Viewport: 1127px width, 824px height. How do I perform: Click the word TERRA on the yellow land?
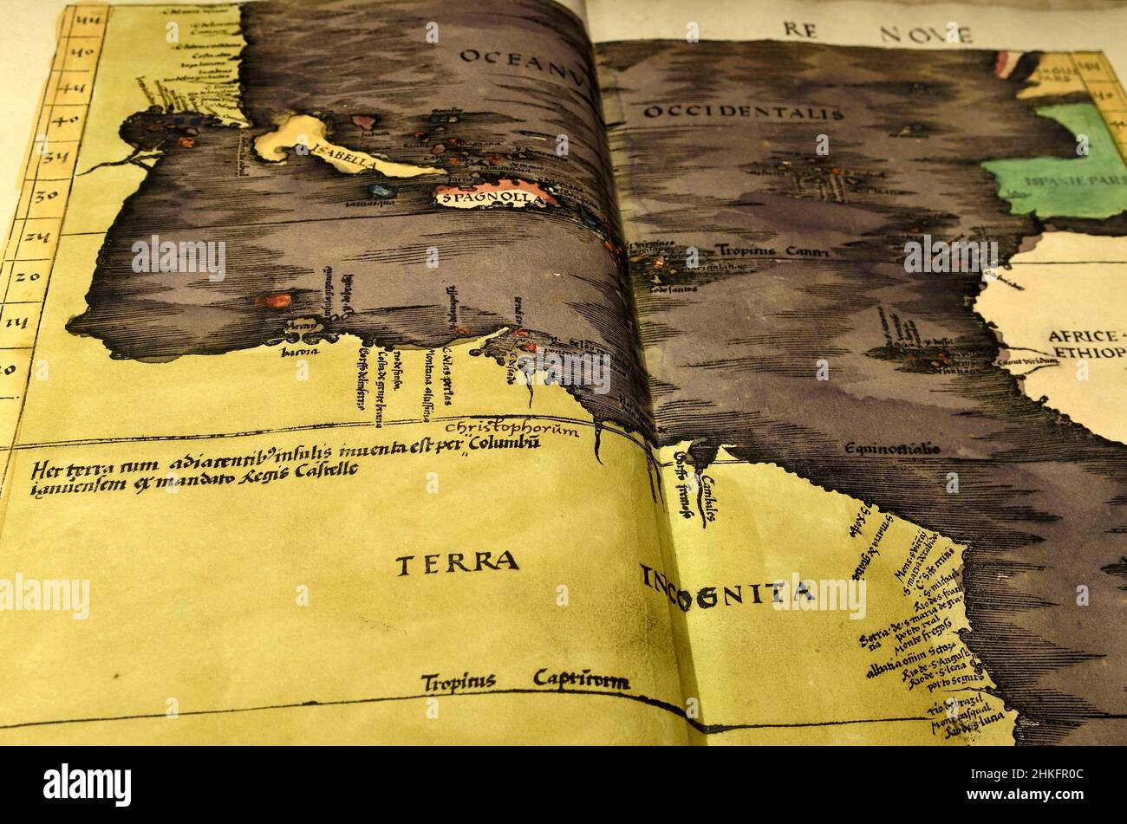(457, 562)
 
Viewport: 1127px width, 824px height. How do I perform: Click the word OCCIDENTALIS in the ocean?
(743, 113)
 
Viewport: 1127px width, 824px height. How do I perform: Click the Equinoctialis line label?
(892, 449)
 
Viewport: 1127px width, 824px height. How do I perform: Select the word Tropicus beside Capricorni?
(458, 682)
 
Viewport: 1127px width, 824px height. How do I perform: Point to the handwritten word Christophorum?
(511, 429)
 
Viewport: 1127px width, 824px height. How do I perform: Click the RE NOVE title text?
(877, 32)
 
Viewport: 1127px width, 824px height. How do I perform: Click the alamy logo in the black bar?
(87, 784)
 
